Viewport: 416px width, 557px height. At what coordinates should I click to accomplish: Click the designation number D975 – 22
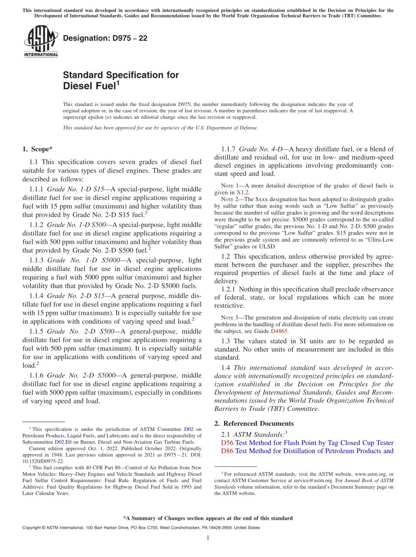pyautogui.click(x=105, y=38)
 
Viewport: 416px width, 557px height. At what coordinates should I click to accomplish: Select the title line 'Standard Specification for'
pyautogui.click(x=121, y=75)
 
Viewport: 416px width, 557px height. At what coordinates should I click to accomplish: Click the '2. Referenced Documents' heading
pyautogui.click(x=254, y=423)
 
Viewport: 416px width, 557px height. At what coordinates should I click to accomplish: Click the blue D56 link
pyautogui.click(x=227, y=443)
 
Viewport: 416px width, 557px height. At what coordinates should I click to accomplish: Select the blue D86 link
pyautogui.click(x=227, y=451)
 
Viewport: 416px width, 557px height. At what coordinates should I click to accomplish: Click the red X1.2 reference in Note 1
pyautogui.click(x=243, y=192)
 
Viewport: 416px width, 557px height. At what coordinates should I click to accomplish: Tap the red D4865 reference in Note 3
pyautogui.click(x=279, y=331)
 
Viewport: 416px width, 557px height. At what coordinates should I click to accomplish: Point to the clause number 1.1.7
pyautogui.click(x=229, y=149)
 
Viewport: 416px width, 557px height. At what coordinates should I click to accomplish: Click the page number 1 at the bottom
pyautogui.click(x=208, y=538)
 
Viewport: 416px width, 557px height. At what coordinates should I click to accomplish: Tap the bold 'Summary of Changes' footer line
pyautogui.click(x=208, y=518)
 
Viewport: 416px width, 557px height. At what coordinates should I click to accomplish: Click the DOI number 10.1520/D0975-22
pyautogui.click(x=43, y=461)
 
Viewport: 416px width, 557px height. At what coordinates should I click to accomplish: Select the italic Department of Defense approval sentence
pyautogui.click(x=160, y=128)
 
